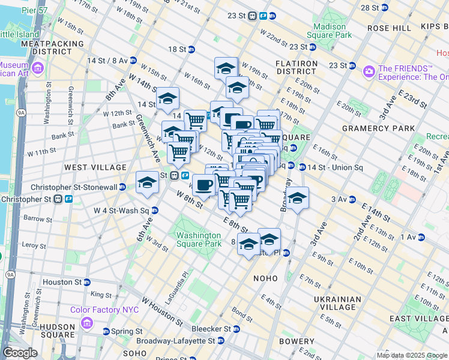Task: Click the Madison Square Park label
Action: coord(330,31)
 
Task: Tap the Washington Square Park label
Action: coord(199,239)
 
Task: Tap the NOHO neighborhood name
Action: coord(265,278)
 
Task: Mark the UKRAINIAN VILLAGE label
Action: coord(337,303)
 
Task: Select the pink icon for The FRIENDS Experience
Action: coord(369,71)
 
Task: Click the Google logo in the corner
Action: coord(20,353)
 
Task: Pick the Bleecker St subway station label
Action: coord(211,329)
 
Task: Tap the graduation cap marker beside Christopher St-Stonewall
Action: coord(147,183)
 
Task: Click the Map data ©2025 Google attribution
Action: coord(411,355)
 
